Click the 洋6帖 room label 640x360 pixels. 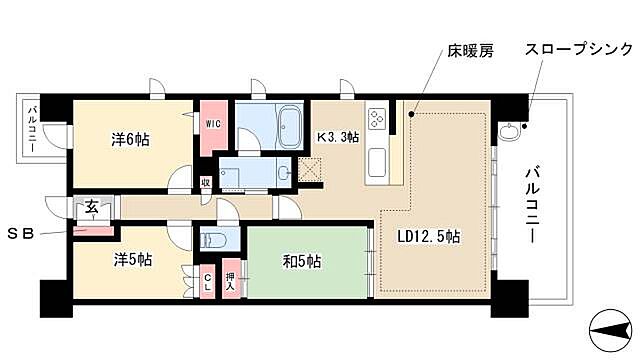pos(129,140)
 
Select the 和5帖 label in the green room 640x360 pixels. pos(301,263)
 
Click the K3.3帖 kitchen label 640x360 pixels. pos(338,137)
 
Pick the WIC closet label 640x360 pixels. pos(213,123)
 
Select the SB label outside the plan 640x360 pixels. pos(21,234)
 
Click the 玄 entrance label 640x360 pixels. pos(90,206)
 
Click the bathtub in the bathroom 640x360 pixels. pos(289,127)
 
